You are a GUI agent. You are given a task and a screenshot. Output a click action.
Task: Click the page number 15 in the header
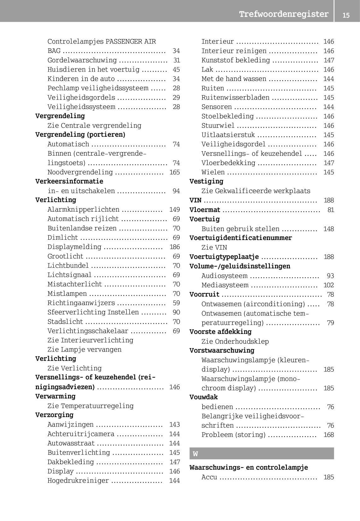(346, 15)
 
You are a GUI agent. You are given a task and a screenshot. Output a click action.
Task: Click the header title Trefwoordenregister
(283, 14)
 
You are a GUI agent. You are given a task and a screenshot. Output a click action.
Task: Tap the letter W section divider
(261, 454)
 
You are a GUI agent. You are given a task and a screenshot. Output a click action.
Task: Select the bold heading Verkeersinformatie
(69, 181)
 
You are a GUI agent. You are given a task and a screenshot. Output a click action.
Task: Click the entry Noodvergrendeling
(80, 172)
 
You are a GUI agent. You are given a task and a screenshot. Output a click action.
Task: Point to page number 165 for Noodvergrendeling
(174, 172)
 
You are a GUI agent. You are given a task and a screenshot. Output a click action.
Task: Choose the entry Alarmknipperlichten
(83, 209)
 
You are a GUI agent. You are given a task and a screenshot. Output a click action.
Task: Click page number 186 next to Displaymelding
(174, 247)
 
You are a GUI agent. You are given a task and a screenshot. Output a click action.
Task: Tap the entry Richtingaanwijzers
(81, 303)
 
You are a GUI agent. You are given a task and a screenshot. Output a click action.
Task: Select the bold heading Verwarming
(55, 396)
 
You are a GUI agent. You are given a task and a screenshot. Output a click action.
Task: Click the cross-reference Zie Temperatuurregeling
(90, 406)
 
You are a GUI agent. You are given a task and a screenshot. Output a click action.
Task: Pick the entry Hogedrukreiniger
(78, 481)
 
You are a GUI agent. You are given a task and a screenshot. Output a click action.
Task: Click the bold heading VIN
(195, 200)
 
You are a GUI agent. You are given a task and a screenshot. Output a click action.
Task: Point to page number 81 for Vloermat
(330, 210)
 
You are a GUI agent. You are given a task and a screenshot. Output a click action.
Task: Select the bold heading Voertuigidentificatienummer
(241, 238)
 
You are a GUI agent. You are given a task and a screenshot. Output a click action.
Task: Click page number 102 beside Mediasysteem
(328, 285)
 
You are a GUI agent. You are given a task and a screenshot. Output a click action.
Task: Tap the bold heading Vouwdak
(203, 397)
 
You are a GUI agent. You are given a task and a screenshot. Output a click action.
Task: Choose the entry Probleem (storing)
(233, 435)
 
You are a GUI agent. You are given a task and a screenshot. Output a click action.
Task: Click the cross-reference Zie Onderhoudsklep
(235, 341)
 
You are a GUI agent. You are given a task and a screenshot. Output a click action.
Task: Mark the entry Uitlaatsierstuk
(228, 135)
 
